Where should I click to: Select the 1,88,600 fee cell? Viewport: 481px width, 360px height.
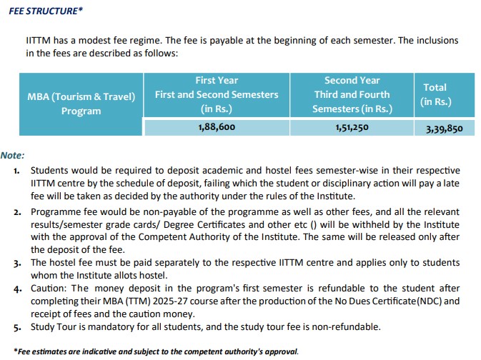(x=217, y=127)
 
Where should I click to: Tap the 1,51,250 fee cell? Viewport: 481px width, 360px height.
(x=352, y=127)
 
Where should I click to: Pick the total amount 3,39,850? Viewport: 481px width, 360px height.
(x=444, y=129)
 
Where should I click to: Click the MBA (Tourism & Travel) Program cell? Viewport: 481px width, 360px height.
(x=81, y=104)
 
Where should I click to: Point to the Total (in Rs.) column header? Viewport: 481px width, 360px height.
(x=435, y=94)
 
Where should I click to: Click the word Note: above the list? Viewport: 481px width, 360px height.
(x=13, y=155)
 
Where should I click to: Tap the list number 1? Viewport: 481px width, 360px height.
(x=16, y=171)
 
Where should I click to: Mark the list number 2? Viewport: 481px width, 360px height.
(x=16, y=213)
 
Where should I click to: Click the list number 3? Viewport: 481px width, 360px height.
(x=16, y=262)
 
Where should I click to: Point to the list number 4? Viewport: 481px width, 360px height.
(x=16, y=289)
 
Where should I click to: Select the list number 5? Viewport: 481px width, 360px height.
(x=16, y=327)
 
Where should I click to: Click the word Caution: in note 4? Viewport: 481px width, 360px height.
(x=49, y=288)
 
